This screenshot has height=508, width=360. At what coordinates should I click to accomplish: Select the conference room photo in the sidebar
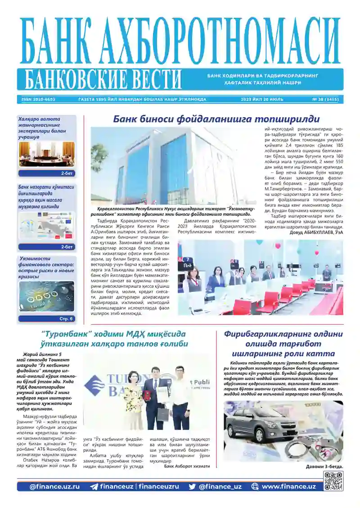(46, 154)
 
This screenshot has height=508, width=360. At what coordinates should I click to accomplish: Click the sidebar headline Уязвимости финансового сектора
(46, 268)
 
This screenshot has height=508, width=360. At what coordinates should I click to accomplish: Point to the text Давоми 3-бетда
(324, 467)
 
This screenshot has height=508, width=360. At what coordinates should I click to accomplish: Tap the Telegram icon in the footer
(94, 487)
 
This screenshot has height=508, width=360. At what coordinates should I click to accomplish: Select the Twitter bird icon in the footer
(192, 487)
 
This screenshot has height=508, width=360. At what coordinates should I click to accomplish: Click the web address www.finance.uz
(288, 487)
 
